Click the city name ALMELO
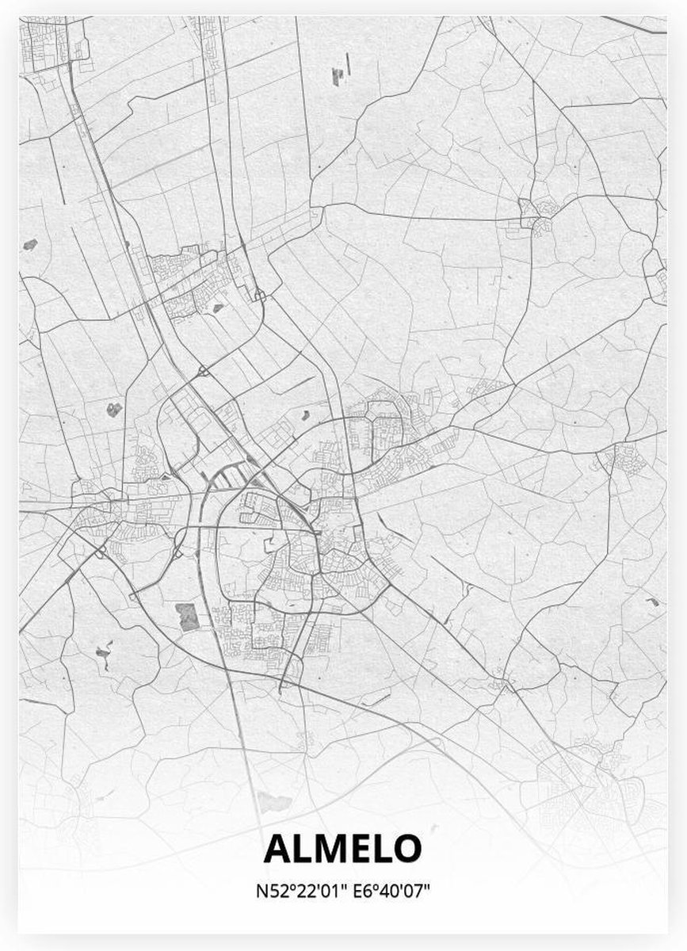click(x=342, y=847)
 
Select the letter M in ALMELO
click(x=326, y=847)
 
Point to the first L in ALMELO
click(x=300, y=847)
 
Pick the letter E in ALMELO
click(x=357, y=847)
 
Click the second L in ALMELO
click(x=379, y=847)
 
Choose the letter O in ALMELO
click(x=404, y=847)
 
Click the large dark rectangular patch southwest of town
click(x=188, y=616)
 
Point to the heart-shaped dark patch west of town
click(x=114, y=409)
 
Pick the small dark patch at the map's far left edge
click(x=30, y=243)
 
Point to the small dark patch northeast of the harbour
click(x=303, y=414)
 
